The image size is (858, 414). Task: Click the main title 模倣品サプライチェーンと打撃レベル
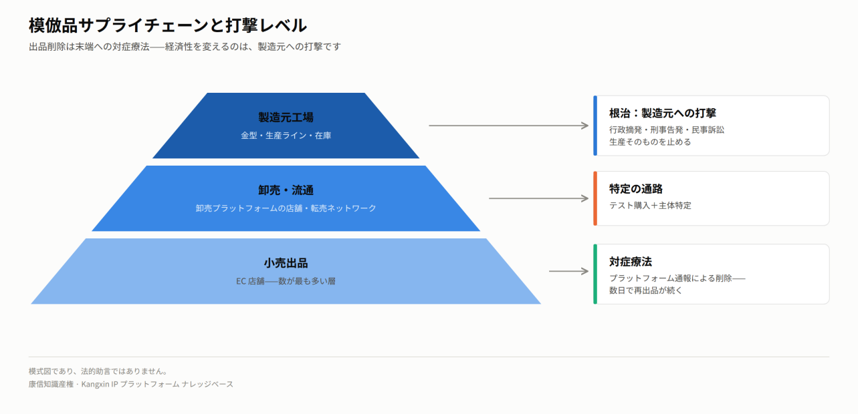(168, 25)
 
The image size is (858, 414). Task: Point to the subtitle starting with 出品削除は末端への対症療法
(185, 47)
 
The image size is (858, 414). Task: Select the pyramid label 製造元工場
(286, 117)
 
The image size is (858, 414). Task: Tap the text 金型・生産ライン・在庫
(286, 136)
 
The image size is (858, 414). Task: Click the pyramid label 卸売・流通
(286, 190)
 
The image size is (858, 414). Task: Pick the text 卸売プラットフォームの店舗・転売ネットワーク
(286, 208)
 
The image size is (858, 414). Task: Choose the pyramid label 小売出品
(286, 263)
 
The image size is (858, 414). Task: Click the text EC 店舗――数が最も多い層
(286, 281)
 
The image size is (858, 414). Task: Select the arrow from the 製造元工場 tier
(509, 126)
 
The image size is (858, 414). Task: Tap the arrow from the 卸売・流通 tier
(539, 198)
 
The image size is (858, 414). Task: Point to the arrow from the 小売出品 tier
(569, 271)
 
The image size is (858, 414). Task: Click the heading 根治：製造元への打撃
(663, 114)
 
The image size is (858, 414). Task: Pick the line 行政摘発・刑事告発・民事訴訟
(667, 130)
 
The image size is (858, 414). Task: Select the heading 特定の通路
(636, 189)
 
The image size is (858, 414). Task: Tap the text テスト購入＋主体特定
(650, 206)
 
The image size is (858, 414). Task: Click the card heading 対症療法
(631, 262)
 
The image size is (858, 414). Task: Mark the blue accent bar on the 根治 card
(595, 126)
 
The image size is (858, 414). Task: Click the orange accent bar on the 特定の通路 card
(595, 198)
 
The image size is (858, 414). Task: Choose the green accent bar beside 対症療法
(595, 274)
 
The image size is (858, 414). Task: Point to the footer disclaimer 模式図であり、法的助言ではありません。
(98, 371)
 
